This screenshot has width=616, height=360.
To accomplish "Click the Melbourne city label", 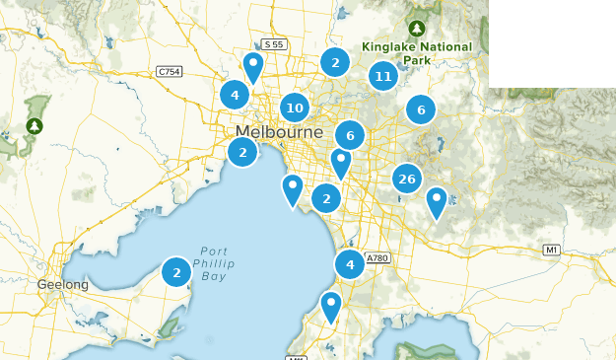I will tap(279, 133).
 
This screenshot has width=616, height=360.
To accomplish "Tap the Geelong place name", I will tap(63, 285).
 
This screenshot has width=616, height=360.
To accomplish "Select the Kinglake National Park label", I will tap(417, 53).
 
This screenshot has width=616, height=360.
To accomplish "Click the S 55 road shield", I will tap(273, 45).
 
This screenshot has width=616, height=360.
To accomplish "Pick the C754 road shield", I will tap(170, 71).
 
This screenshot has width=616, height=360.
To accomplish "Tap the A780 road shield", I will tap(378, 258).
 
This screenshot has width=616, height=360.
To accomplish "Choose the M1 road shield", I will tap(552, 252).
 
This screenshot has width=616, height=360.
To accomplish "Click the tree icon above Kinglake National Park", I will tap(417, 29).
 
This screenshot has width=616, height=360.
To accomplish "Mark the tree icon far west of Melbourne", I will tap(35, 126).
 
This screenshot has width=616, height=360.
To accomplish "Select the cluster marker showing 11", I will tap(383, 77).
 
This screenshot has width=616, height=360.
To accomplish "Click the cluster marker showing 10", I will tap(294, 108).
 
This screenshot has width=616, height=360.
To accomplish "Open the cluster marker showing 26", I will tap(406, 179).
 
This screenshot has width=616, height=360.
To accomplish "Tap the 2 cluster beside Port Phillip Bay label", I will tap(176, 271).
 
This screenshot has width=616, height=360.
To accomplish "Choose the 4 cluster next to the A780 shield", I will tap(349, 264).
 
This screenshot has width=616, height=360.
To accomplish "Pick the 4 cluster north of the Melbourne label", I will tap(235, 95).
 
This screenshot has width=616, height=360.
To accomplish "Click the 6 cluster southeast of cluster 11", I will tap(421, 110).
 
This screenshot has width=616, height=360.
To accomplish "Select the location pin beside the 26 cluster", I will tap(437, 202).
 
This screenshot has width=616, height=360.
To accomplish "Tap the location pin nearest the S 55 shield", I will tap(253, 67).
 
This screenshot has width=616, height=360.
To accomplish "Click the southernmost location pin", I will tap(331, 306).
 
